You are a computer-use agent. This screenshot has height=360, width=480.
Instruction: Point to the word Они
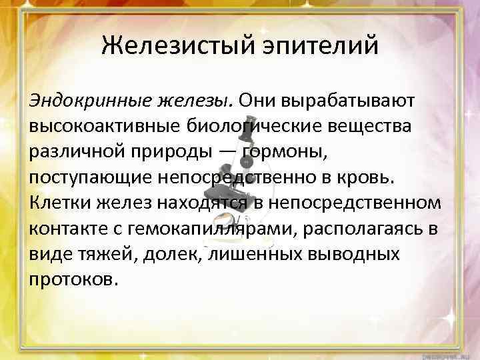coord(260,100)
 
